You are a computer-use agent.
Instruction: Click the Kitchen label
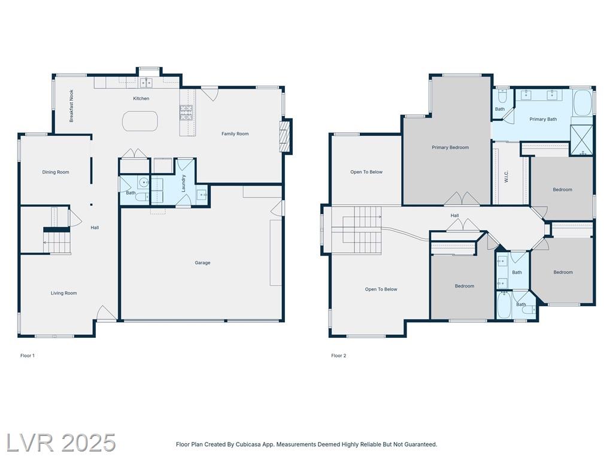point(141,99)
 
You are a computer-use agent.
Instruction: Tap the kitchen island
point(140,121)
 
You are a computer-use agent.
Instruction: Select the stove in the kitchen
point(186,112)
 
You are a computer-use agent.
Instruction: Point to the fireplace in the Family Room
point(286,136)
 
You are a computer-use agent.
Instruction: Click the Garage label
point(202,263)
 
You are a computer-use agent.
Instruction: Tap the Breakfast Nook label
point(72,106)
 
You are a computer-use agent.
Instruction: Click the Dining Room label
point(56,172)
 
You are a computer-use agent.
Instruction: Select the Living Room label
point(63,293)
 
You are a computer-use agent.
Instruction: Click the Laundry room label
point(183,183)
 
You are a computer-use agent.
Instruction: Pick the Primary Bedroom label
point(450,147)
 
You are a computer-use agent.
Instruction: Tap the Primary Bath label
point(543,119)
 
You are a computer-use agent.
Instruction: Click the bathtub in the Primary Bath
point(582,103)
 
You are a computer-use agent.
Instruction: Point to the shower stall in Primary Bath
point(582,140)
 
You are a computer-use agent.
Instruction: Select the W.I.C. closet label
point(506,177)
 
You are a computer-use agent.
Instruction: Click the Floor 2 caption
point(339,356)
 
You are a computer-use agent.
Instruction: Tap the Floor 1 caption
point(28,356)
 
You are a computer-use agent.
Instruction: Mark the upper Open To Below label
point(366,172)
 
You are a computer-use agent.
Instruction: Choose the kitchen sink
point(146,83)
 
